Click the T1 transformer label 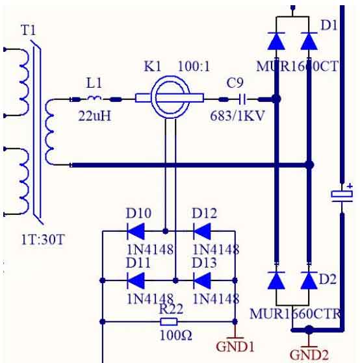pyautogui.click(x=29, y=30)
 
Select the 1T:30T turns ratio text pyautogui.click(x=43, y=240)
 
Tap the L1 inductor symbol pyautogui.click(x=94, y=98)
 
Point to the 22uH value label pyautogui.click(x=95, y=116)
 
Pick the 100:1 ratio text pyautogui.click(x=194, y=66)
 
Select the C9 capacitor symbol pyautogui.click(x=242, y=99)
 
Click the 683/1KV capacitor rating pyautogui.click(x=237, y=116)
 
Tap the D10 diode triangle pyautogui.click(x=136, y=231)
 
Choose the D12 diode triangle pyautogui.click(x=202, y=231)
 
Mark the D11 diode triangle pyautogui.click(x=136, y=281)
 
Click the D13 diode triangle pyautogui.click(x=202, y=281)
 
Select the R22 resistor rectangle pyautogui.click(x=169, y=321)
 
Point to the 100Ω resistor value pyautogui.click(x=176, y=335)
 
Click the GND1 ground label pyautogui.click(x=235, y=347)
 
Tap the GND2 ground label pyautogui.click(x=309, y=355)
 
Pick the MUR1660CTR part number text pyautogui.click(x=295, y=314)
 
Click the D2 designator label pyautogui.click(x=328, y=279)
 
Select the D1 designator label pyautogui.click(x=329, y=25)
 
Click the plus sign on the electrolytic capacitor pyautogui.click(x=350, y=186)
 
